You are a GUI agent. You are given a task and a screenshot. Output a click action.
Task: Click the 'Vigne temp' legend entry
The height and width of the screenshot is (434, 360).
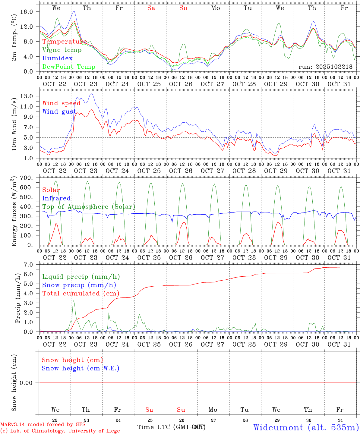62,50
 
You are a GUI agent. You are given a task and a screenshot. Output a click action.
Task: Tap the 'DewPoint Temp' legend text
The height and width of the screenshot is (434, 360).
69,67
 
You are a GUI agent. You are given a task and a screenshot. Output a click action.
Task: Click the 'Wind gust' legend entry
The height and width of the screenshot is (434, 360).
59,112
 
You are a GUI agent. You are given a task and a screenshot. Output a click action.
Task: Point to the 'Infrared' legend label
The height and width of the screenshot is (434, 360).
56,198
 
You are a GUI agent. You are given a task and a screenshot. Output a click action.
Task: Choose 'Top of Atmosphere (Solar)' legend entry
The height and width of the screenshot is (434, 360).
89,207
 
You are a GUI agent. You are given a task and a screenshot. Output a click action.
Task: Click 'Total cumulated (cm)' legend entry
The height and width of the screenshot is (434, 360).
81,294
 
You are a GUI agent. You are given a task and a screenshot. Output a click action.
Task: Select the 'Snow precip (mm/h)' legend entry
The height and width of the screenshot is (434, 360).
79,285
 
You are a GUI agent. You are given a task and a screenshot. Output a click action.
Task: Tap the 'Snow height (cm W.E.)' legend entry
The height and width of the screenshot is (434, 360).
81,368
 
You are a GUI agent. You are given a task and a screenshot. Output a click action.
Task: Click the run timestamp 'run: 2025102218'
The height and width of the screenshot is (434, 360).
325,67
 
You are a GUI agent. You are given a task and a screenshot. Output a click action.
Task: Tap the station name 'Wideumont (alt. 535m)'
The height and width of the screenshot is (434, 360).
306,427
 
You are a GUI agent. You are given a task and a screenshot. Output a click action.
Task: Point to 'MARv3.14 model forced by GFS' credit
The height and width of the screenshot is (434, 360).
43,424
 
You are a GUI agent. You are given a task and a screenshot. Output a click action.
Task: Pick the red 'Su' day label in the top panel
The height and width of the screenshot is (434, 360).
183,8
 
